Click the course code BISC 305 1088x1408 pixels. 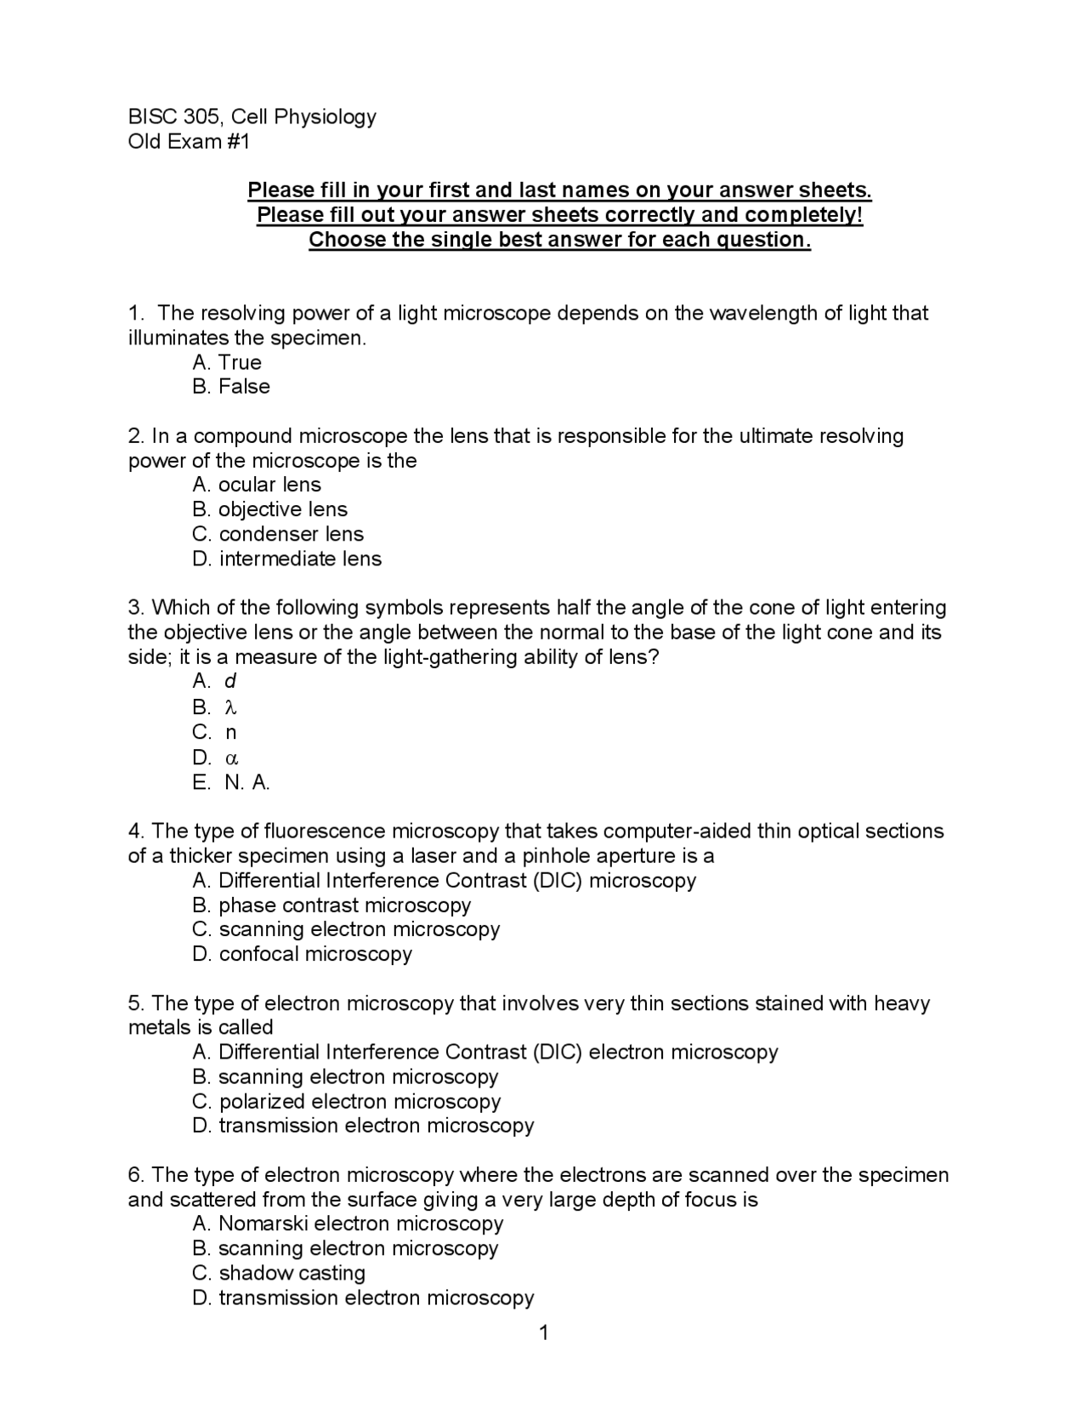[x=175, y=117]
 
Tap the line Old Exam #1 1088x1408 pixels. [x=189, y=142]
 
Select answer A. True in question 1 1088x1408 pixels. [x=227, y=362]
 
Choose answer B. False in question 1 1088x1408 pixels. [x=231, y=387]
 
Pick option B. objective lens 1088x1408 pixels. [x=270, y=509]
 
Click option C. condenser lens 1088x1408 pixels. [x=278, y=534]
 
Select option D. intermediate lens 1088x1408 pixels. [x=287, y=559]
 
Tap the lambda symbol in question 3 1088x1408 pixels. [x=229, y=707]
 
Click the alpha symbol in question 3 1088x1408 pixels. [x=230, y=758]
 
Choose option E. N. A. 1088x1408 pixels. [x=231, y=782]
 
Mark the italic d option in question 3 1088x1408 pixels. [x=229, y=682]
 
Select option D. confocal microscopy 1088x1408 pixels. [x=302, y=954]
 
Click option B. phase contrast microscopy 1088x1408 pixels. [x=331, y=906]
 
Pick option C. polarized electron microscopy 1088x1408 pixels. [x=347, y=1102]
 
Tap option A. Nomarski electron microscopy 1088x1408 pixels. [x=348, y=1224]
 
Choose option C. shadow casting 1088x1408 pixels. [x=279, y=1274]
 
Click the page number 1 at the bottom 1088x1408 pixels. [x=544, y=1332]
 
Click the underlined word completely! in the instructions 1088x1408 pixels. [x=804, y=215]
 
